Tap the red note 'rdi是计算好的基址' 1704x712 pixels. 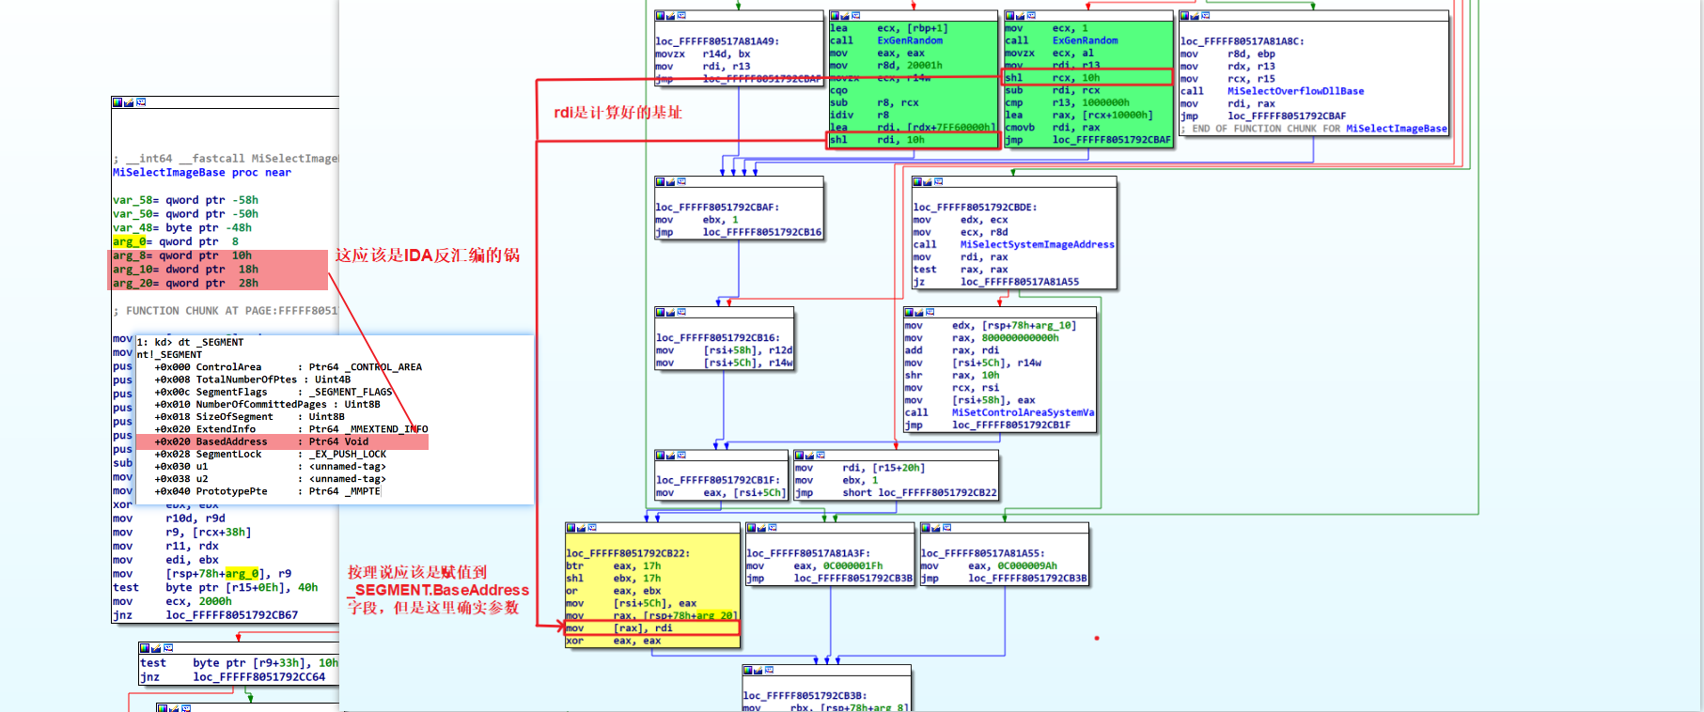pyautogui.click(x=618, y=113)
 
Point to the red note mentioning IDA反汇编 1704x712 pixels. pyautogui.click(x=427, y=255)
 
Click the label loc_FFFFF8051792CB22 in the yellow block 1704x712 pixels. pyautogui.click(x=628, y=553)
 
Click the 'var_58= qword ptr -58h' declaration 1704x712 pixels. pyautogui.click(x=185, y=200)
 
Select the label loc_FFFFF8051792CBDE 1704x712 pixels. pyautogui.click(x=974, y=208)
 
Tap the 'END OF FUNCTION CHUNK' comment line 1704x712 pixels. pyautogui.click(x=1313, y=129)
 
